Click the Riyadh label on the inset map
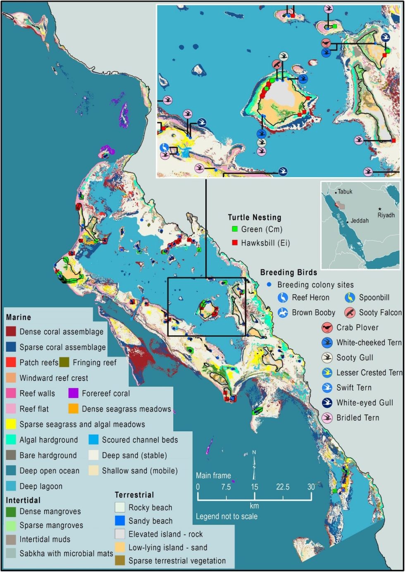tap(386, 215)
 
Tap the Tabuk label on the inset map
tap(345, 192)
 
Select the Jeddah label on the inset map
tap(359, 221)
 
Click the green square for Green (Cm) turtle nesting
tap(235, 229)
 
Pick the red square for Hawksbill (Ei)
tap(235, 243)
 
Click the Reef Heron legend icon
tap(283, 298)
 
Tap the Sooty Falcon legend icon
tap(350, 312)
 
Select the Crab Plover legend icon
tap(327, 328)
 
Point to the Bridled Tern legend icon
tap(327, 418)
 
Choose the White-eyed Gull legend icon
tap(327, 403)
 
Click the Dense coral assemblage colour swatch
tap(11, 332)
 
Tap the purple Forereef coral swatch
tap(74, 393)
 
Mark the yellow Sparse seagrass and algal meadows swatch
tap(11, 424)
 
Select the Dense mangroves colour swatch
tap(11, 512)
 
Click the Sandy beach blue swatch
tap(120, 521)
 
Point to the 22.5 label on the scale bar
tap(283, 487)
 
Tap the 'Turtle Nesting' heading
tap(254, 217)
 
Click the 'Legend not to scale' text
tap(226, 517)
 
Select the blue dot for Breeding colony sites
tap(269, 285)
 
